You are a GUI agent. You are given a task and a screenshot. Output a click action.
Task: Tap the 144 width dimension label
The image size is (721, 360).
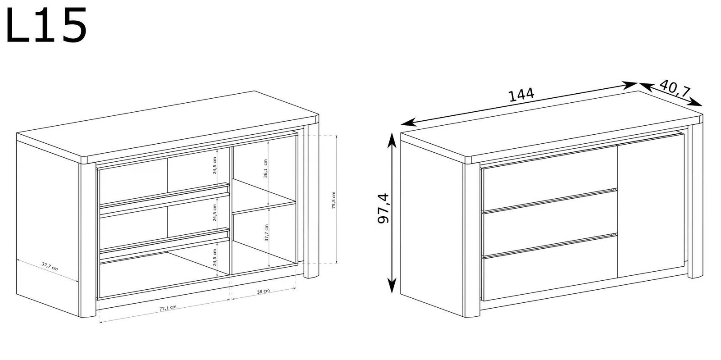pos(521,95)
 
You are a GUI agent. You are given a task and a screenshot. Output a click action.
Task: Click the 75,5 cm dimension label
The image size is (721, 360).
pos(334,201)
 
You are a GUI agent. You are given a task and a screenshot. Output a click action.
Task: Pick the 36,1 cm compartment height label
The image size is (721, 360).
pos(265,169)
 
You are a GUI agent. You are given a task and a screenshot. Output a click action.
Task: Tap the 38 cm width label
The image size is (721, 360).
pos(263,291)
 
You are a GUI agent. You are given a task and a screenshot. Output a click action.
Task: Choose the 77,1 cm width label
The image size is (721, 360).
pos(168,308)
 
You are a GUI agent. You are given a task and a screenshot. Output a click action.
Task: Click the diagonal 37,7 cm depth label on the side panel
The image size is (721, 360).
pos(50,266)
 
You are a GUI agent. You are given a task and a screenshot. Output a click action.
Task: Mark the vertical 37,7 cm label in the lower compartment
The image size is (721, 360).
pos(266,232)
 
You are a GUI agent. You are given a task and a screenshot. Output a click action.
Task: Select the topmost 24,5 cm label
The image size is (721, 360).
pos(214,165)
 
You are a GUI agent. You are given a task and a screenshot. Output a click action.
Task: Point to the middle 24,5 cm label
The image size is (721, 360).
pos(214,213)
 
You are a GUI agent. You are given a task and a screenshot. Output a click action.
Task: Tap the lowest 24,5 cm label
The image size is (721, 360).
pos(214,257)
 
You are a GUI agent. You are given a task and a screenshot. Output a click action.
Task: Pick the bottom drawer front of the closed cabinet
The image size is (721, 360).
pos(550,269)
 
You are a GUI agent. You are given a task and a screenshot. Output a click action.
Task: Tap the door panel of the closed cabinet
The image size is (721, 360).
pos(651,206)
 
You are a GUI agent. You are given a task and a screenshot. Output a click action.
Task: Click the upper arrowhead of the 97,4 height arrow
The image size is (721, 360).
pos(392,140)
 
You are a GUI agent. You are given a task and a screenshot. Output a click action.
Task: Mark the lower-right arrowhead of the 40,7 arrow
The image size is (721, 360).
pos(695,102)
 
